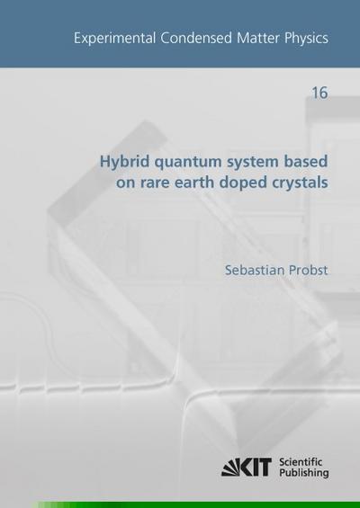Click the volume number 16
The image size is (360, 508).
pyautogui.click(x=319, y=93)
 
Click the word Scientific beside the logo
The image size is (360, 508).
pyautogui.click(x=312, y=459)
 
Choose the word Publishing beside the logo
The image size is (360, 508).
pyautogui.click(x=312, y=473)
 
